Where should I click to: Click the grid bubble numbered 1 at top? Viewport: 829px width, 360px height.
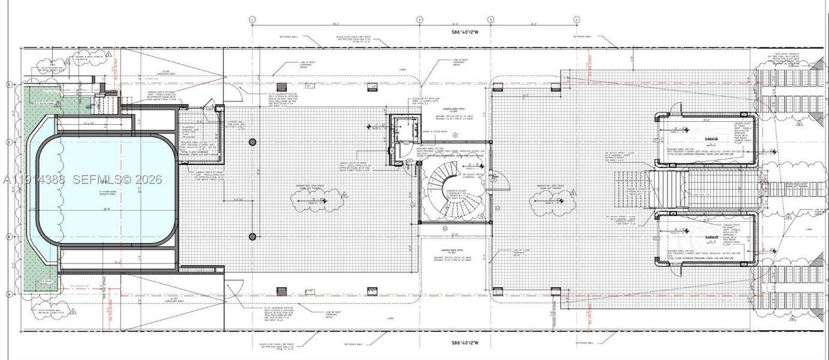[x=253, y=20]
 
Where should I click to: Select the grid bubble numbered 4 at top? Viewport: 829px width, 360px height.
[x=576, y=20]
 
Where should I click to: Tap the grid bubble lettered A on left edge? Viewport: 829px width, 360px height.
[x=8, y=294]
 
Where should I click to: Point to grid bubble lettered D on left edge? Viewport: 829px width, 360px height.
[x=8, y=85]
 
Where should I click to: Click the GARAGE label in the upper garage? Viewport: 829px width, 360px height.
[x=711, y=138]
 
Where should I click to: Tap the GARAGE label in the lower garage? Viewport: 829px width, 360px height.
[x=711, y=238]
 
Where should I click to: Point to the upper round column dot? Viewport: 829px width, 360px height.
[x=252, y=142]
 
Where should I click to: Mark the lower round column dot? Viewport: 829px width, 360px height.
[x=252, y=236]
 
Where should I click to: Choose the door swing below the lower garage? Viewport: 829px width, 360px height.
[x=675, y=271]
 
